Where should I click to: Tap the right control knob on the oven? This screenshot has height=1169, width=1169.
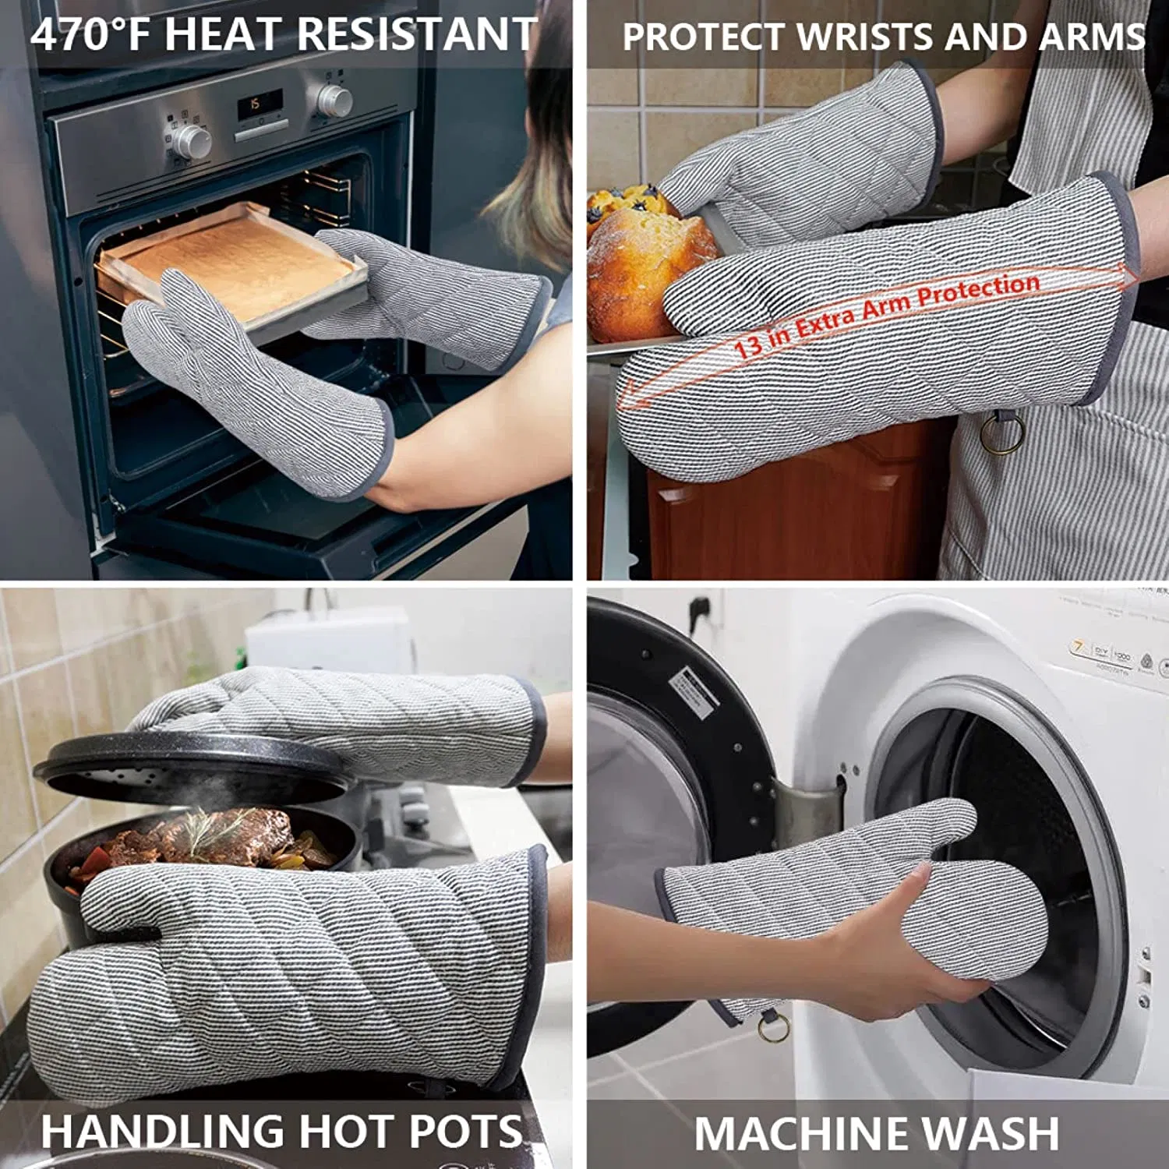334,101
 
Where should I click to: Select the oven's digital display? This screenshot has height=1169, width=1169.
260,104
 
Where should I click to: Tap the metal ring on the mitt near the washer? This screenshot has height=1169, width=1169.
773,1027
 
